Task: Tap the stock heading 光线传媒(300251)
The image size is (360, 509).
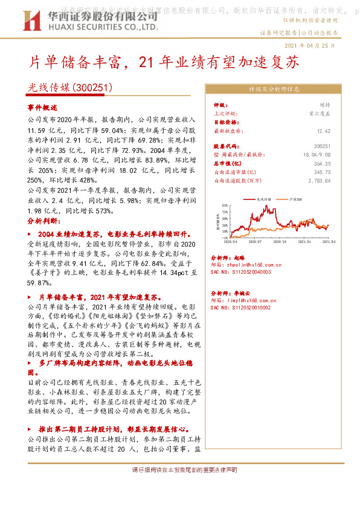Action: pyautogui.click(x=71, y=87)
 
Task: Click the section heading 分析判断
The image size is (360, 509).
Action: pyautogui.click(x=42, y=221)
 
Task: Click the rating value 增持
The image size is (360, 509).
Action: pyautogui.click(x=325, y=105)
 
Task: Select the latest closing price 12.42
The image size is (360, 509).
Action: pyautogui.click(x=324, y=130)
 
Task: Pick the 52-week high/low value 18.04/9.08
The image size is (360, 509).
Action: pyautogui.click(x=318, y=155)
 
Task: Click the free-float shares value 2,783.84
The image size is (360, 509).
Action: pyautogui.click(x=320, y=180)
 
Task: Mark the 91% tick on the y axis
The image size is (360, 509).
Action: pyautogui.click(x=225, y=206)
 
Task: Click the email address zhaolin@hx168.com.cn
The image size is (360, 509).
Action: pyautogui.click(x=250, y=264)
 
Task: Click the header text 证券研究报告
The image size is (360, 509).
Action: pyautogui.click(x=278, y=33)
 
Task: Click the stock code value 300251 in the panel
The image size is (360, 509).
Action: pyautogui.click(x=323, y=146)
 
